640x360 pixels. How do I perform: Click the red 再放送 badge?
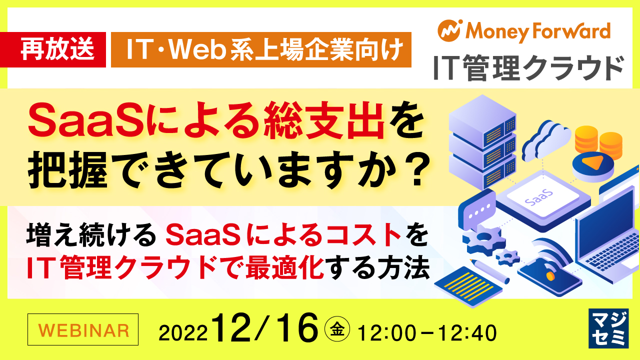(56, 50)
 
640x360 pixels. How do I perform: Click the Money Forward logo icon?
(448, 30)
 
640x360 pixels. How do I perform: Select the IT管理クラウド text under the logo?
(528, 68)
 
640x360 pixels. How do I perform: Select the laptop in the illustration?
(607, 230)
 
